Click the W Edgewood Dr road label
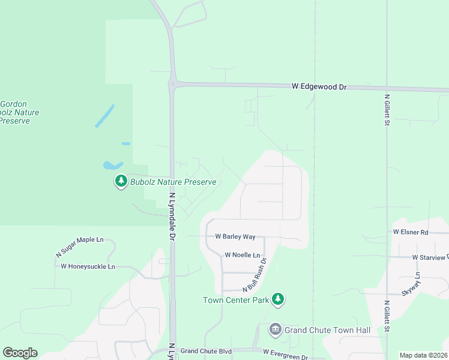tap(319, 87)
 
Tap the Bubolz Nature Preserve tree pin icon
tap(121, 181)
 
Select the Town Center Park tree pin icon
tap(277, 299)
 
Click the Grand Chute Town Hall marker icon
tap(275, 329)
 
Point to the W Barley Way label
tap(235, 237)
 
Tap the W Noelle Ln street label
tap(242, 255)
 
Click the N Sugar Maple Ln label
tap(80, 247)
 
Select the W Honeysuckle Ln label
tap(88, 266)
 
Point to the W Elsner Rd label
tap(411, 232)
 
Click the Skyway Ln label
tap(418, 283)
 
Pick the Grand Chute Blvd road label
tap(206, 351)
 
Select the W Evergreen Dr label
tap(285, 356)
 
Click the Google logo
tap(20, 353)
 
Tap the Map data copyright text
tap(424, 355)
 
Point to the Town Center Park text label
tap(235, 300)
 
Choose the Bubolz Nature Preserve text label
tap(173, 182)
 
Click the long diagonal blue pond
tap(104, 116)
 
